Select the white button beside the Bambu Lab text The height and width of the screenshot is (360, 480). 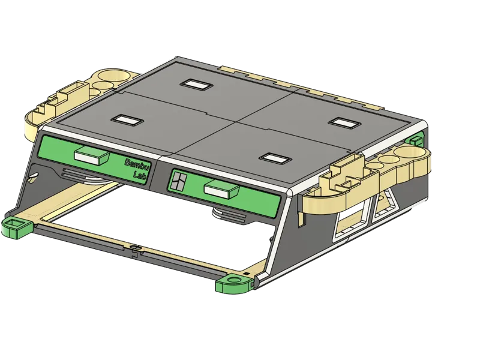(92, 155)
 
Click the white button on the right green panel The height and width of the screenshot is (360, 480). (221, 189)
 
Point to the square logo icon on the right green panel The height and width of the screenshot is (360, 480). (178, 181)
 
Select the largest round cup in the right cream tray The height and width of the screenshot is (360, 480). (408, 151)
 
